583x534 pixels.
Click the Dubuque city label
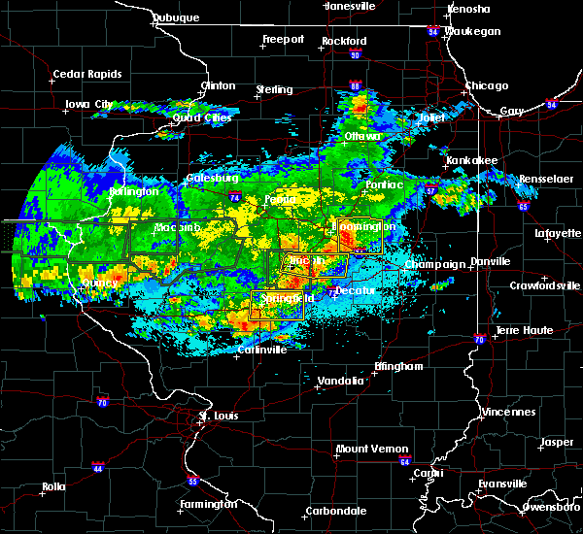176,17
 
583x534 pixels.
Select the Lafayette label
557,233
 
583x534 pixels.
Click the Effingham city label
398,366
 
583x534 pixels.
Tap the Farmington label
208,504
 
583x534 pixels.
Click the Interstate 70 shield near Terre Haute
479,339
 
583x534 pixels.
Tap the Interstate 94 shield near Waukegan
432,31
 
